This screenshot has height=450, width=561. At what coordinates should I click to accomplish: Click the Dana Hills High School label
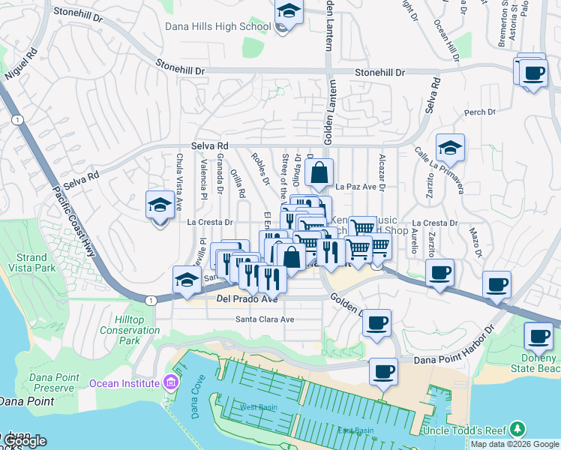click(x=217, y=27)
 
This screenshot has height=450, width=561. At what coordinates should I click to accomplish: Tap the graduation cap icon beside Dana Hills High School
click(x=287, y=11)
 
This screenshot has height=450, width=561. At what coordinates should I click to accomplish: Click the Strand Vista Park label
click(x=31, y=262)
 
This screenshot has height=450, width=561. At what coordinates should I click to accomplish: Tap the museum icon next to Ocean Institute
click(x=172, y=383)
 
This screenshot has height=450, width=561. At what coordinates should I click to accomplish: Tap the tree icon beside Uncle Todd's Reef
click(x=517, y=429)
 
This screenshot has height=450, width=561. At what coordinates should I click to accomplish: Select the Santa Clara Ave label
click(x=265, y=319)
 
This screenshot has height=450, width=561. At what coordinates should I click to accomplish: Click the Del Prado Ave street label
click(x=247, y=298)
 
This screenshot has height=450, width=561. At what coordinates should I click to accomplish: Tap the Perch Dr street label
click(x=480, y=112)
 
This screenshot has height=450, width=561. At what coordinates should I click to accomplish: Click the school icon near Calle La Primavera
click(x=450, y=148)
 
